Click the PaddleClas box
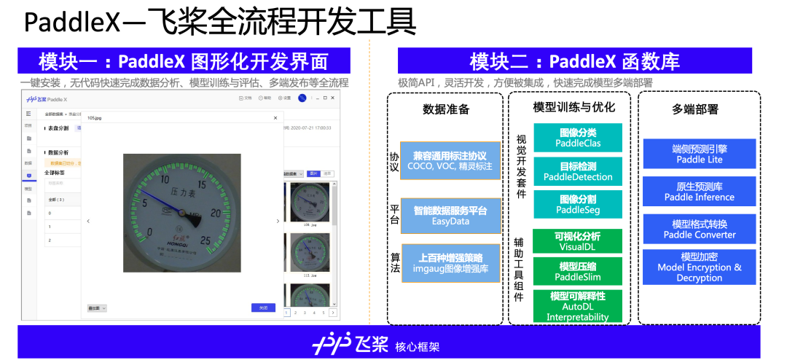click(x=578, y=138)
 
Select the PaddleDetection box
click(x=578, y=171)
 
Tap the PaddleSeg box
click(x=578, y=204)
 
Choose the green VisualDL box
click(x=578, y=241)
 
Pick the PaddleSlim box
click(x=578, y=272)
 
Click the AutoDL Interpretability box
click(x=578, y=307)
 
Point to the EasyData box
click(x=450, y=216)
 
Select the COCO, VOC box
click(x=450, y=161)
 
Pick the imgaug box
click(x=450, y=263)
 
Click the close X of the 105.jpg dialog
click(x=275, y=117)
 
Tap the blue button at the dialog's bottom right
click(x=263, y=308)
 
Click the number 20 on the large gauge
click(x=216, y=212)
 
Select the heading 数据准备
click(x=446, y=110)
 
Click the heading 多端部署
click(x=694, y=109)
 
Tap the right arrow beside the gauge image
click(x=277, y=221)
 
